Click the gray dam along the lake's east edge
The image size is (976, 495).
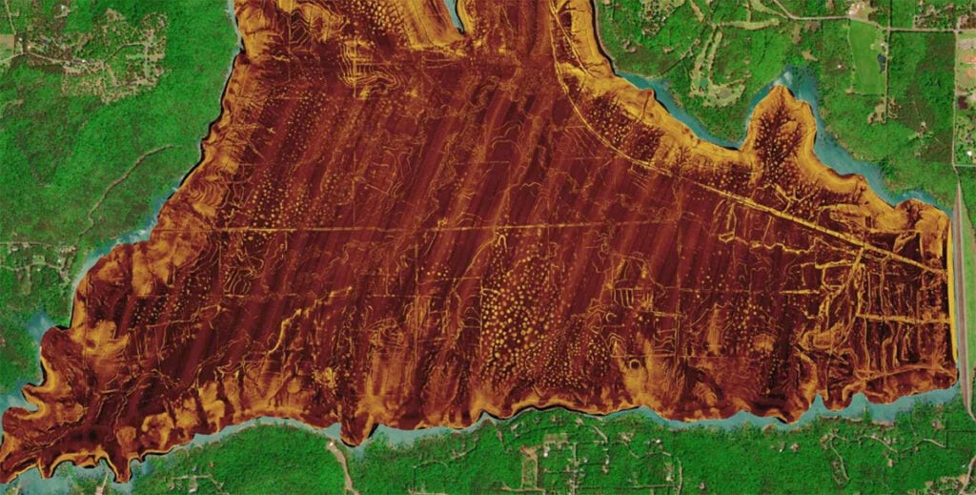tap(962, 286)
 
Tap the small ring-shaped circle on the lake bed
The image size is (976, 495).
tap(632, 364)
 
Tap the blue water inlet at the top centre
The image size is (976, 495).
tap(456, 11)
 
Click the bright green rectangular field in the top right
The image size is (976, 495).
tap(865, 57)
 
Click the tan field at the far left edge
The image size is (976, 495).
tap(6, 43)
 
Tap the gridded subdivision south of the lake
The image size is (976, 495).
tap(553, 458)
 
